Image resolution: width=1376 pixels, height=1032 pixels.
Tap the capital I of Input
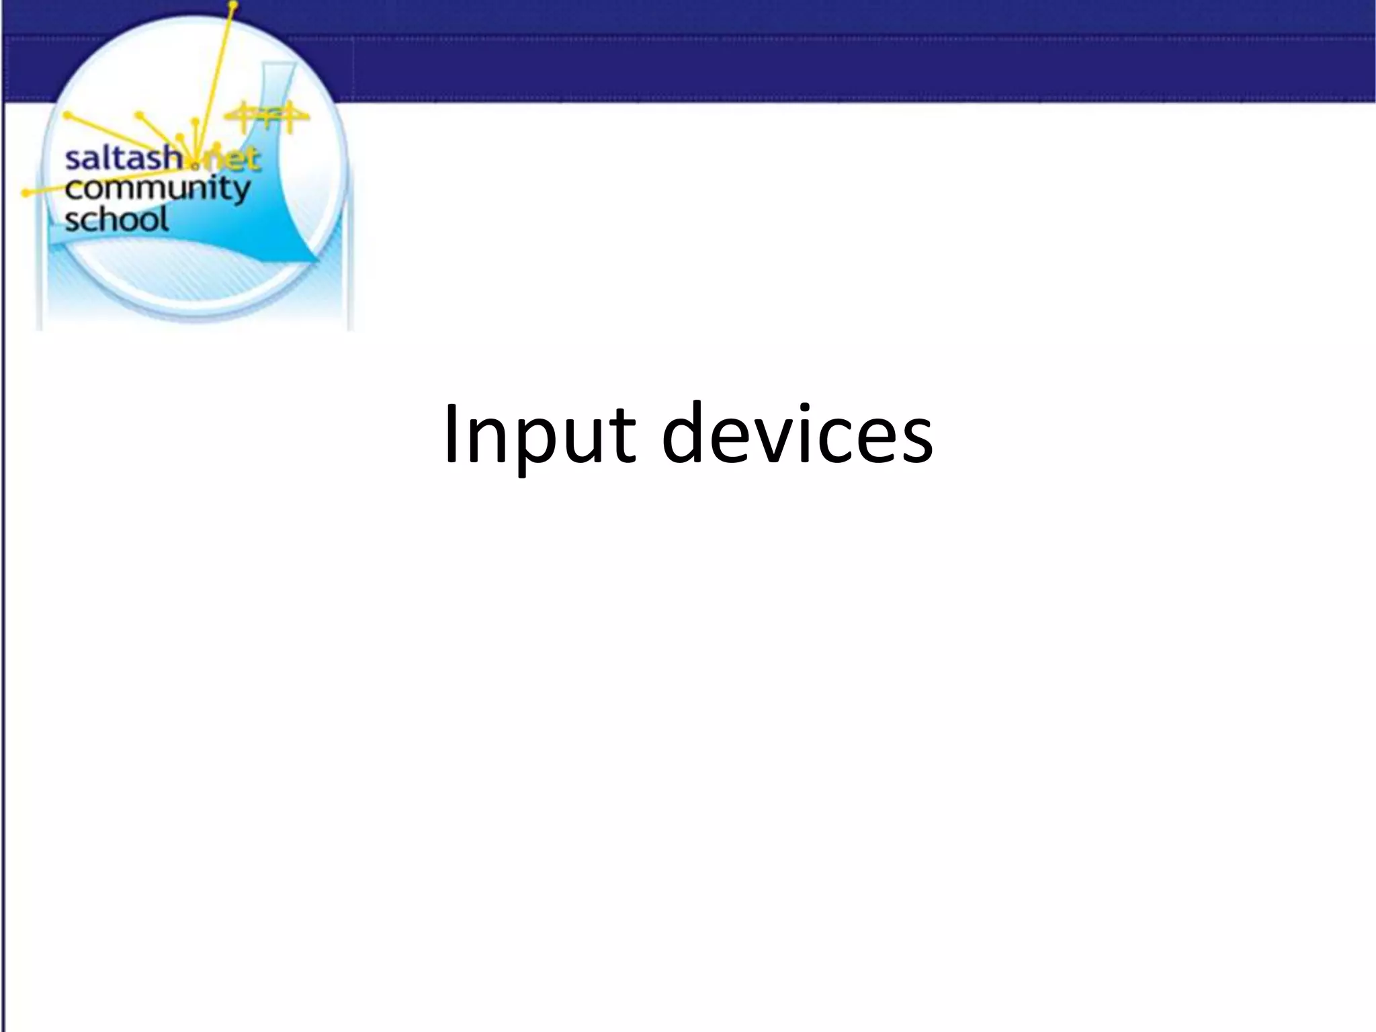[451, 433]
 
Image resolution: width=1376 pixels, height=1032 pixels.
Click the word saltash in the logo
[123, 160]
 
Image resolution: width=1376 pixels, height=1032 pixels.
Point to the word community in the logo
[157, 190]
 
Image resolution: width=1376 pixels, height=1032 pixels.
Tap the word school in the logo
[116, 220]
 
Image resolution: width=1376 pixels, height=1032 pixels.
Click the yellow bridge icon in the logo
[267, 118]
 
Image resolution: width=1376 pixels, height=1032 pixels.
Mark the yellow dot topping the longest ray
[233, 7]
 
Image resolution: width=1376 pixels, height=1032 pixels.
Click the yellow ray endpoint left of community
[26, 193]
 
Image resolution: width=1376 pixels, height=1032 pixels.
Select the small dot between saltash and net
[195, 164]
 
